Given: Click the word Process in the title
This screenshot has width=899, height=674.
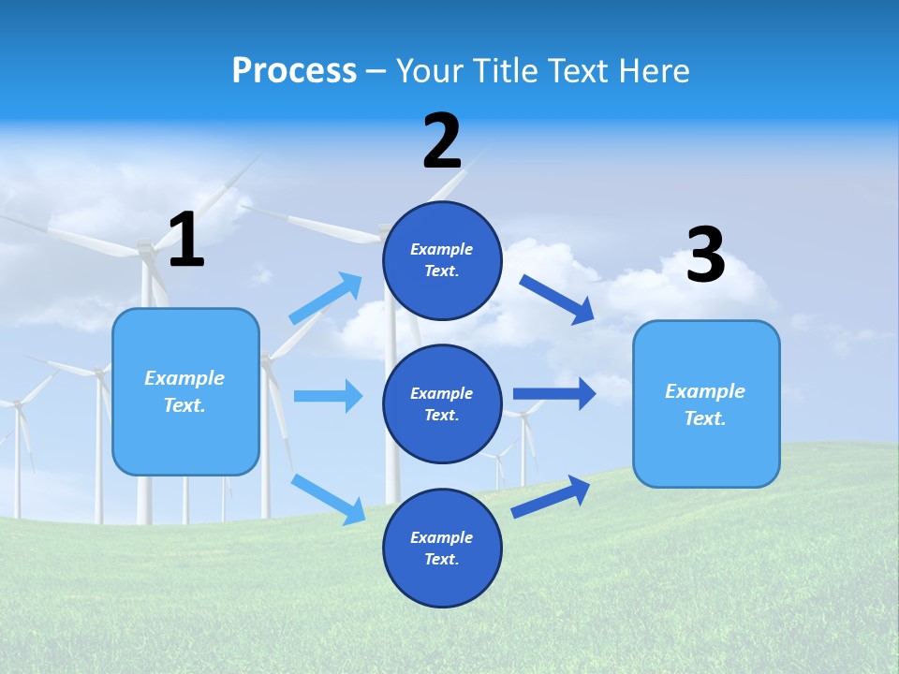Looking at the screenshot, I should (294, 71).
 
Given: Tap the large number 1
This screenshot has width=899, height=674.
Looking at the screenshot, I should (186, 241).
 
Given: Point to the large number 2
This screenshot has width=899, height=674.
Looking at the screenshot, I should (442, 142).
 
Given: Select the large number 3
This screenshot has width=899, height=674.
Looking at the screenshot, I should (706, 256).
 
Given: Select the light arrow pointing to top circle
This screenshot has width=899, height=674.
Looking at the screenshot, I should (325, 299).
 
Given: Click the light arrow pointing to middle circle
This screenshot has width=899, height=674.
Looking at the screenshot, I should (328, 396).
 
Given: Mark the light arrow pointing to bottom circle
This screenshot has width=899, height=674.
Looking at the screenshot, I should (328, 499).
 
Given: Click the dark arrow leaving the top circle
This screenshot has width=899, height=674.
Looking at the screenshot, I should (557, 299).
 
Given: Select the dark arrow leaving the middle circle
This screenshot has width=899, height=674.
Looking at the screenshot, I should (554, 393).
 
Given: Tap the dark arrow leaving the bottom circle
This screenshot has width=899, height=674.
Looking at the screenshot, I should (551, 496).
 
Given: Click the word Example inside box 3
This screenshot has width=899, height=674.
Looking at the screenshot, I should (705, 391).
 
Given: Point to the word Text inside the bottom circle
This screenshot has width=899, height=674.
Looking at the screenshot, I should (440, 560).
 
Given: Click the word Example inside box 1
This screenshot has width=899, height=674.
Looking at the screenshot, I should (184, 378).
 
